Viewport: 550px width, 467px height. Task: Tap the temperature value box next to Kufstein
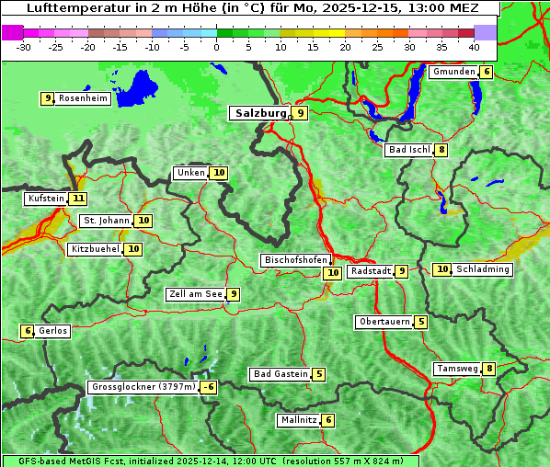[78, 199]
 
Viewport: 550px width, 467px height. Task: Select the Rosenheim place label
[83, 98]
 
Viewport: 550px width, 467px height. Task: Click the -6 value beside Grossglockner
[209, 388]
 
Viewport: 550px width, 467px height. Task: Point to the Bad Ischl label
[409, 150]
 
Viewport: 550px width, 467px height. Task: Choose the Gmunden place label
[453, 72]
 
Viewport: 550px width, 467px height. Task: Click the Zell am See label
[195, 294]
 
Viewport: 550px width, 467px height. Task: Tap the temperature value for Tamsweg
[490, 370]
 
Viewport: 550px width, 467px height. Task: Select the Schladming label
[483, 269]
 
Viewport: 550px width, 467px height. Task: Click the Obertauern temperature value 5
[420, 322]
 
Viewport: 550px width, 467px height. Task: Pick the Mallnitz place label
[298, 420]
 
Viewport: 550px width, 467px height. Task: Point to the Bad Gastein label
[281, 374]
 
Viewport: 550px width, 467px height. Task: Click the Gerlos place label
[53, 331]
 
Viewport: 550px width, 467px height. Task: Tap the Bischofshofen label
[294, 261]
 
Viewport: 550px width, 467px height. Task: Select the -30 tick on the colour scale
[24, 46]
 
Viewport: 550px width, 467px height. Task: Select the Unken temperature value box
[218, 173]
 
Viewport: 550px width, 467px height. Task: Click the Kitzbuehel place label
[95, 249]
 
